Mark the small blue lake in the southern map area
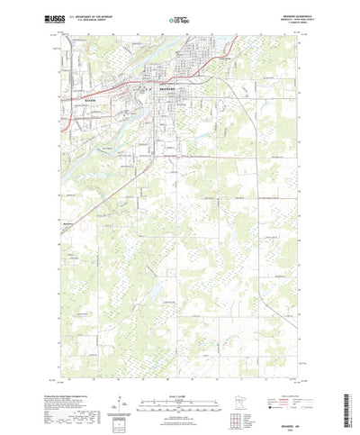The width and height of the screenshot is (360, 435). click(157, 290)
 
